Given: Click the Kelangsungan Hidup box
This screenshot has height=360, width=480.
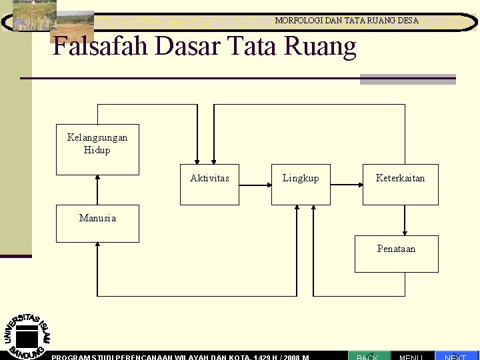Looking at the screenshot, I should click(x=97, y=149).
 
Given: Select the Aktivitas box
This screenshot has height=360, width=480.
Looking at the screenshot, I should click(x=209, y=183).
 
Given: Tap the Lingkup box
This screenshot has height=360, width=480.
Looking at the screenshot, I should click(x=301, y=183).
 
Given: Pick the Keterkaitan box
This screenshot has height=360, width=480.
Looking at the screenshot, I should click(x=400, y=183).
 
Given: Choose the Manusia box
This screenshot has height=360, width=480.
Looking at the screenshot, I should click(x=97, y=223).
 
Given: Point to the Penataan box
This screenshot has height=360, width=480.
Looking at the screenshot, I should click(x=396, y=253).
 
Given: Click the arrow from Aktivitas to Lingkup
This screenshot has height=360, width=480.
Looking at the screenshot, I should click(x=255, y=183).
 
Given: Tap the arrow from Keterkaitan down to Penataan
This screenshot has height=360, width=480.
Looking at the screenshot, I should click(x=404, y=219).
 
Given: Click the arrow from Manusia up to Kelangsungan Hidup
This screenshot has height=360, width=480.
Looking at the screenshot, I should click(x=97, y=190).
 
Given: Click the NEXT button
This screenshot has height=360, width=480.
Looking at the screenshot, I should click(x=456, y=356).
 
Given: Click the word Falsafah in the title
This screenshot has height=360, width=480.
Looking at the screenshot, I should click(x=100, y=47).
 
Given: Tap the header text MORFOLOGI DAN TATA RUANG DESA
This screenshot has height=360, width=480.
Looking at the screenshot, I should click(x=347, y=21).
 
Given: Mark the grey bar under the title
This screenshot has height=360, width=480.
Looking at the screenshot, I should click(x=407, y=79).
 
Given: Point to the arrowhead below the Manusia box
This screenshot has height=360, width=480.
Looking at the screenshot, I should click(x=97, y=245).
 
